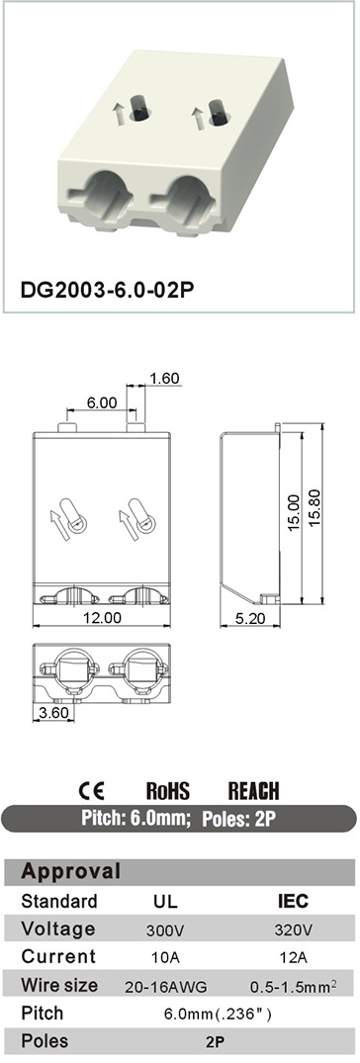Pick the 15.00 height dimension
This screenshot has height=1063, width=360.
click(294, 512)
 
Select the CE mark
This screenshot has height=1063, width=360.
click(92, 790)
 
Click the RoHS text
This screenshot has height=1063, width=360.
click(168, 790)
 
